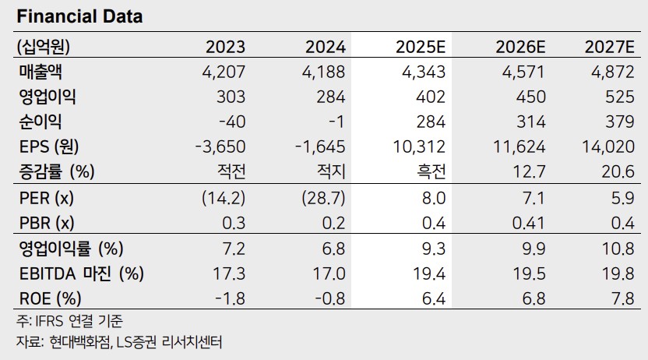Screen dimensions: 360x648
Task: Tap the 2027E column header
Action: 611,46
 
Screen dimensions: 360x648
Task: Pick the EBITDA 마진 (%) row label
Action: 80,274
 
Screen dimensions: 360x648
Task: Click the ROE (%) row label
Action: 48,298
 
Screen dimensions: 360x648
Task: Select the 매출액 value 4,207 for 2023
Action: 224,72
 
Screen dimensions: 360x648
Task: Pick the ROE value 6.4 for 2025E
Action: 435,298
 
